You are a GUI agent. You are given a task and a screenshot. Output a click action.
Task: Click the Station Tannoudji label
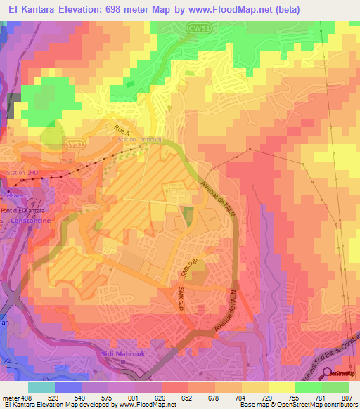[x=141, y=141]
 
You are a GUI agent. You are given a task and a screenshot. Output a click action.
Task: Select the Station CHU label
[x=20, y=172]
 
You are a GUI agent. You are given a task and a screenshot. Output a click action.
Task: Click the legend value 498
[x=27, y=397]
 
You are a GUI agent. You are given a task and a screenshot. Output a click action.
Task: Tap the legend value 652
[x=188, y=397]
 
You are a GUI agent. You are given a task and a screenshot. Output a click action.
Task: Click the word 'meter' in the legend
[x=11, y=397]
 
